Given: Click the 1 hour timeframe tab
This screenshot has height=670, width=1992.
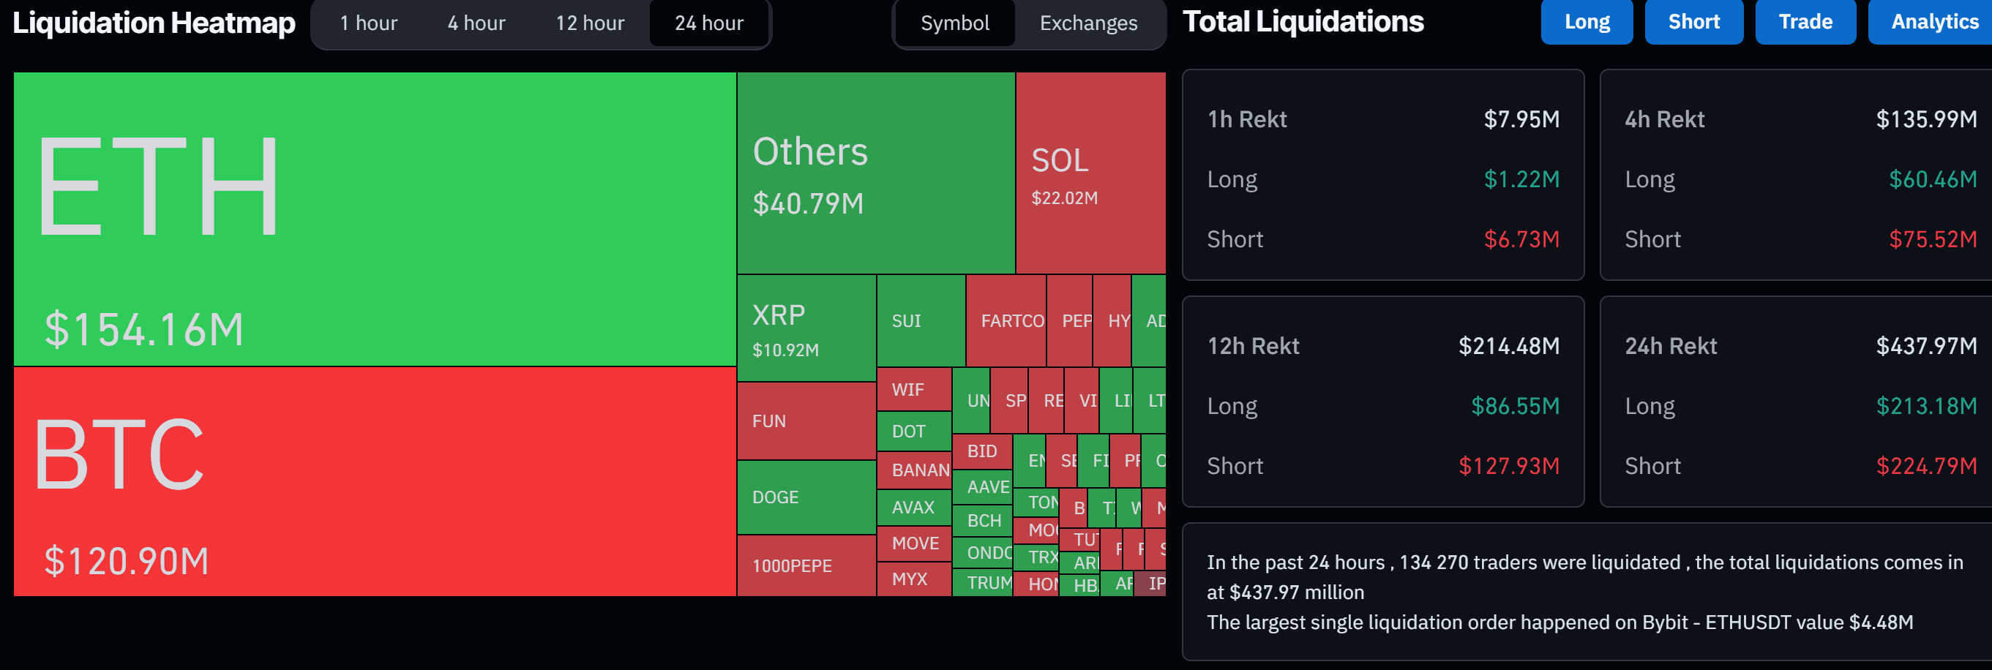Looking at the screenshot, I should click(x=368, y=23).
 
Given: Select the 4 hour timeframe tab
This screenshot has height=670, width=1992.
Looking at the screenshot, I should click(x=476, y=23).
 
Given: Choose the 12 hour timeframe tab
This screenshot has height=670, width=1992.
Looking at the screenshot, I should click(x=589, y=23).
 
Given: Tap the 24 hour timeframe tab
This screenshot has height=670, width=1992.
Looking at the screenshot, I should click(x=708, y=23).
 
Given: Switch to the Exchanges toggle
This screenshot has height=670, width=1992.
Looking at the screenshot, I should click(x=1088, y=23).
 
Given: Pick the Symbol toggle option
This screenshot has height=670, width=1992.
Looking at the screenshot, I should click(x=954, y=23).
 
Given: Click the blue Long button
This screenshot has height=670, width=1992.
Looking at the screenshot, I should click(x=1586, y=22).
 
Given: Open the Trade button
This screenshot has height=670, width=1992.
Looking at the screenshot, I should click(x=1805, y=22).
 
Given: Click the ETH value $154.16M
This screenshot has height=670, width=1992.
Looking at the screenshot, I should click(x=144, y=329).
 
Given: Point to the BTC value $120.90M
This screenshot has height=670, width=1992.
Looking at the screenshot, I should click(x=127, y=561).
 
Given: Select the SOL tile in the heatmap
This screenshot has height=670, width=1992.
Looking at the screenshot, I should click(x=1090, y=173).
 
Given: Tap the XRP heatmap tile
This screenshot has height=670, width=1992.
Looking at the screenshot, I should click(x=806, y=328).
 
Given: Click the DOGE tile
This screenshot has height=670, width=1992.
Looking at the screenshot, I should click(x=806, y=497).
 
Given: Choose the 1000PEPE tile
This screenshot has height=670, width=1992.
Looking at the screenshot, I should click(x=806, y=565).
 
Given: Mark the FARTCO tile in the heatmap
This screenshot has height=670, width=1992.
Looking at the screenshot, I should click(x=1006, y=320).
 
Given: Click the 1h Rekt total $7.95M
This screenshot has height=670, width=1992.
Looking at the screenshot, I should click(x=1521, y=119).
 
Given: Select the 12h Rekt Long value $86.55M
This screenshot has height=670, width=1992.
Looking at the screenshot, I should click(x=1514, y=407).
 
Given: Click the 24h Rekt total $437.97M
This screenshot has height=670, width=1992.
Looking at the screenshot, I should click(x=1925, y=346).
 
